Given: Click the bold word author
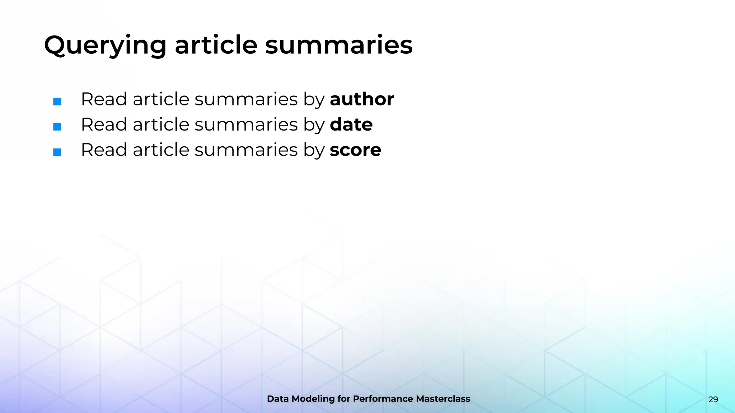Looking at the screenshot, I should point(362,99).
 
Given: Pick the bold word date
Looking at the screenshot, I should point(351,124).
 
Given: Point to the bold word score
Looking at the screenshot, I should point(355,150).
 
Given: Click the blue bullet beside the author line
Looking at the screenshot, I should point(57,101).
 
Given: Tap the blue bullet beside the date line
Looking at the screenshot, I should point(57,127).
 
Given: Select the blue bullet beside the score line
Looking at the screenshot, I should point(57,152).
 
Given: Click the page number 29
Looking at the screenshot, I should point(713,399).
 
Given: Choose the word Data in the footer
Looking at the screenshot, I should point(278,399).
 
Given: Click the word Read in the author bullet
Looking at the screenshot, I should point(104,99).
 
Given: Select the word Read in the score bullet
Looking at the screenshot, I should point(104,150).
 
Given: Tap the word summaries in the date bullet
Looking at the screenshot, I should point(246,124).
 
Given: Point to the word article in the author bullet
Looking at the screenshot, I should point(161,99).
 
